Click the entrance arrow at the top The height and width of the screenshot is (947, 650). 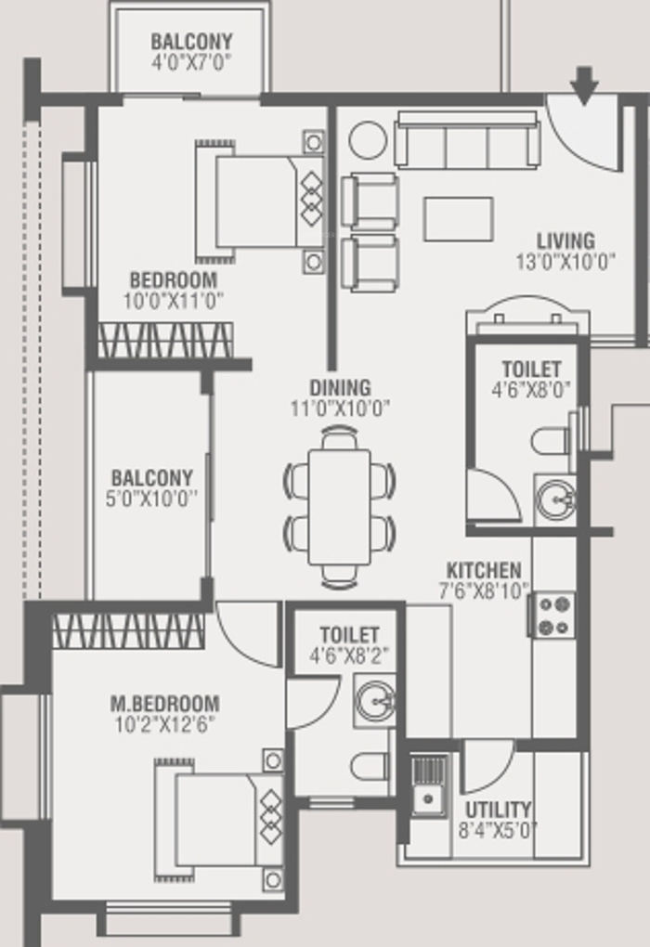point(584,85)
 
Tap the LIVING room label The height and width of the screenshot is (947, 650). point(566,241)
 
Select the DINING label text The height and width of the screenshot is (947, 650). point(340,388)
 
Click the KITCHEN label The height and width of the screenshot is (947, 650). point(483,570)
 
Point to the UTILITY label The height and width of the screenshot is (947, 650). point(499,810)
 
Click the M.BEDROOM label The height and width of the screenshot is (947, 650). point(165,704)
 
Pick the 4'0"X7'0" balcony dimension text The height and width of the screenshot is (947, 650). point(191,62)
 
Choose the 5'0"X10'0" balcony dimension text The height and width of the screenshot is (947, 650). point(151,499)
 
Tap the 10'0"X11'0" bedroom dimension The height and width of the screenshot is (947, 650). point(174,301)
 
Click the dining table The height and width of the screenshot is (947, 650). point(340,507)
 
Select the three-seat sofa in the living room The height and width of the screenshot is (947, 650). point(467,139)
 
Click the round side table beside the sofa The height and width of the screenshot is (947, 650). point(368,141)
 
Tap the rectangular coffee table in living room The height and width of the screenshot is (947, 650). point(459,219)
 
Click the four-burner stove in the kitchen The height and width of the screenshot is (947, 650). point(553,615)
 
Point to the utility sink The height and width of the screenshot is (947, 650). point(429,785)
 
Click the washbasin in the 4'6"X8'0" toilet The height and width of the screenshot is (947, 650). point(556,499)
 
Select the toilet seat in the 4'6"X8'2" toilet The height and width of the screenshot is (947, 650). point(370,767)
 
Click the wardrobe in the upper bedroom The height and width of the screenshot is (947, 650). point(165,340)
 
